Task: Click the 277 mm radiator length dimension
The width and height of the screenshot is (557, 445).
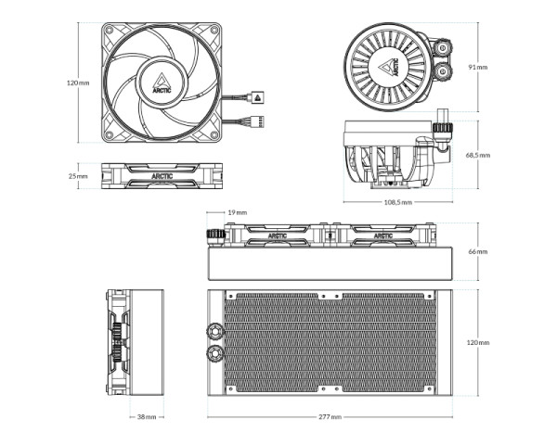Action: (x=329, y=417)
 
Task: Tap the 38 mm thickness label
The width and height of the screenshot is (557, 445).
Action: (x=147, y=417)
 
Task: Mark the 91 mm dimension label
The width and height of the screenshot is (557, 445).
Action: (x=476, y=68)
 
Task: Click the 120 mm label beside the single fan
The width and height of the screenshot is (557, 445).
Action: (x=78, y=83)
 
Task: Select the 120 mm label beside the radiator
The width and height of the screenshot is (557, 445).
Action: (x=477, y=342)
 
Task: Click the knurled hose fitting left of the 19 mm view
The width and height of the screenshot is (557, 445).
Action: (x=214, y=235)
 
